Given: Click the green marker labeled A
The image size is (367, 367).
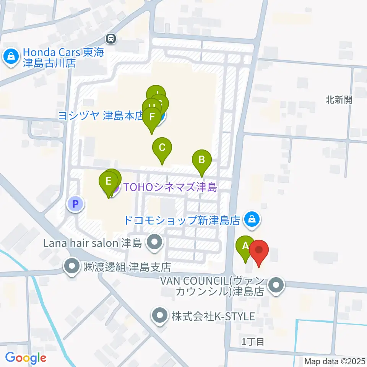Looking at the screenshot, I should [245, 247].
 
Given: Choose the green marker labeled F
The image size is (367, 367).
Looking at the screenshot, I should [152, 117].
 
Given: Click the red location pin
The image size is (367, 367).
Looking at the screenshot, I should [259, 251].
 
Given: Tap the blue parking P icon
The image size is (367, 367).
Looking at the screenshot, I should [75, 204].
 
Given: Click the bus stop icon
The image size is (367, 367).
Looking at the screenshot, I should [111, 38].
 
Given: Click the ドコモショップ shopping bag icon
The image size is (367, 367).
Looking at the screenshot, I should [252, 219].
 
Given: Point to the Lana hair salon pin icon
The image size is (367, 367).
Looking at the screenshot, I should [154, 242].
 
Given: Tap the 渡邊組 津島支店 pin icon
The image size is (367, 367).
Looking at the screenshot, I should [71, 266].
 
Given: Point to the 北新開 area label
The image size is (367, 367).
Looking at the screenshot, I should [339, 100].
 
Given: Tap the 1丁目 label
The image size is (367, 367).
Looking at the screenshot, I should [253, 341].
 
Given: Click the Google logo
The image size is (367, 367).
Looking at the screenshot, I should [26, 358].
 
